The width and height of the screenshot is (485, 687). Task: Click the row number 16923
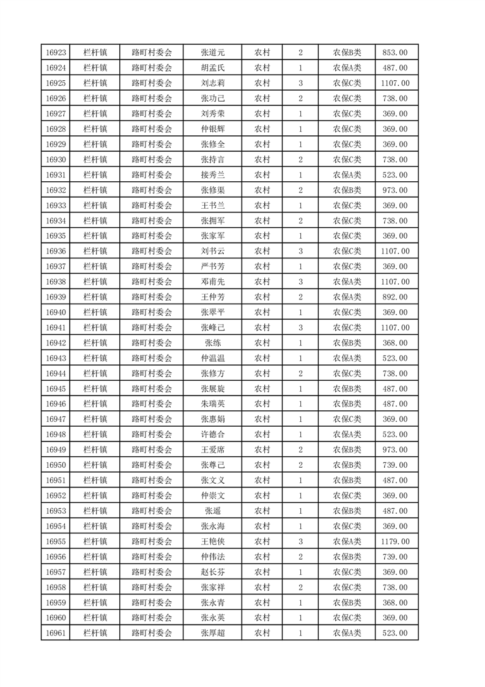pyautogui.click(x=56, y=53)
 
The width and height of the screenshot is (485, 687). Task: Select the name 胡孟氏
pyautogui.click(x=212, y=68)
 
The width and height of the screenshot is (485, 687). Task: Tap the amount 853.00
pyautogui.click(x=395, y=53)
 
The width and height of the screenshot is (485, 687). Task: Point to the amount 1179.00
pyautogui.click(x=395, y=541)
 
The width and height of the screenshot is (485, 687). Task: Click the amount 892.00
pyautogui.click(x=395, y=297)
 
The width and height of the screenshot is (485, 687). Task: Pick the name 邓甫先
pyautogui.click(x=212, y=282)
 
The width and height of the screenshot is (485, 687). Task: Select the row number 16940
pyautogui.click(x=56, y=312)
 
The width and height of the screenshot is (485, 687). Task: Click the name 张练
pyautogui.click(x=212, y=343)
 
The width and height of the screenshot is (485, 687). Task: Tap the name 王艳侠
pyautogui.click(x=212, y=541)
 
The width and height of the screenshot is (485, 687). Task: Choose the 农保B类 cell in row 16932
pyautogui.click(x=347, y=190)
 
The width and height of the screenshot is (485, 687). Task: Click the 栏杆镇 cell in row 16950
pyautogui.click(x=95, y=465)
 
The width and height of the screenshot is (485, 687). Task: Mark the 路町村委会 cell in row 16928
pyautogui.click(x=152, y=129)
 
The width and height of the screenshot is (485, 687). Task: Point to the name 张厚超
pyautogui.click(x=212, y=633)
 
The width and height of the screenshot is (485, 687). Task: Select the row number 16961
pyautogui.click(x=56, y=633)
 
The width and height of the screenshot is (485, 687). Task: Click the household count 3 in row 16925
pyautogui.click(x=300, y=83)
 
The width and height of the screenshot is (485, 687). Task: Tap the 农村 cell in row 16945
pyautogui.click(x=262, y=389)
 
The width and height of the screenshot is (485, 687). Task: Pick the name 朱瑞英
pyautogui.click(x=212, y=404)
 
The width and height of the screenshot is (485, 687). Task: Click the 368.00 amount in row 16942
pyautogui.click(x=395, y=343)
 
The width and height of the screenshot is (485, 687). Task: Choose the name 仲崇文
pyautogui.click(x=212, y=495)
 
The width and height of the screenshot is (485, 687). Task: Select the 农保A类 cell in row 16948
pyautogui.click(x=347, y=434)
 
